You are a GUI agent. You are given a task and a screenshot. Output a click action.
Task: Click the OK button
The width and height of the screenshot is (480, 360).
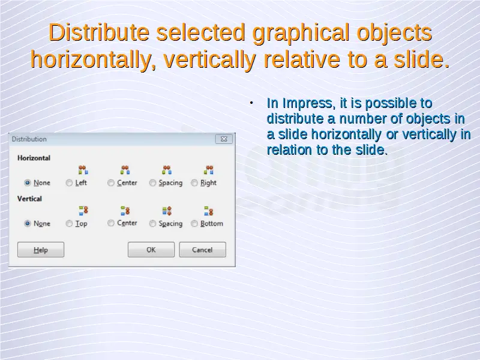tap(151, 250)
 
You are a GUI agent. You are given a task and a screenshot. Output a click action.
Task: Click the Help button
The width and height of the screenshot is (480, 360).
tap(41, 250)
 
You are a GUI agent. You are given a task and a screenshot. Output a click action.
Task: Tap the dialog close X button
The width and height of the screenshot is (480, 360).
tap(224, 139)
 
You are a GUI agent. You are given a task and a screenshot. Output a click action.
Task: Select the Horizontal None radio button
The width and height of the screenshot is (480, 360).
tap(28, 183)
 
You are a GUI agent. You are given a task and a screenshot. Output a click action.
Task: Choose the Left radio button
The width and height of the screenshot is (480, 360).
tap(69, 183)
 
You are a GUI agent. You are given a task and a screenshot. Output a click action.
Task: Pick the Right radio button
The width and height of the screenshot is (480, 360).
tap(194, 183)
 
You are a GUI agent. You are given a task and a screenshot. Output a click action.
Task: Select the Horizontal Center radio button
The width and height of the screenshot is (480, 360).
tap(111, 183)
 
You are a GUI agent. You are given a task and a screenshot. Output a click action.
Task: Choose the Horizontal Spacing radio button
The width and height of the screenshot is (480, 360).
tap(152, 183)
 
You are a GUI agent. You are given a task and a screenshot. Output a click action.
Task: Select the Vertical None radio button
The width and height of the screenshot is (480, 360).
tap(28, 223)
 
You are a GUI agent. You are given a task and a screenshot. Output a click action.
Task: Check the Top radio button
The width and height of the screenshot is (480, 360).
tap(69, 223)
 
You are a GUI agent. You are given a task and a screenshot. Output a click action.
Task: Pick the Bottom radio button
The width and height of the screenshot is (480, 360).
tap(194, 223)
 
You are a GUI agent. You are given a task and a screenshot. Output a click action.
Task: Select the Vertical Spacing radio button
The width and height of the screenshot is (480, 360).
tap(152, 223)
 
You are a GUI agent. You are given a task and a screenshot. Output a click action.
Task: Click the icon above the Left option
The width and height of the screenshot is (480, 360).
tap(83, 170)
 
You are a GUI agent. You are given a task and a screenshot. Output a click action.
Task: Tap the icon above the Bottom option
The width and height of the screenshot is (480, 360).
tap(209, 211)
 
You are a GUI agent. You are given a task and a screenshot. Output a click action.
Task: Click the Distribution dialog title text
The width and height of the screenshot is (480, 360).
tap(29, 139)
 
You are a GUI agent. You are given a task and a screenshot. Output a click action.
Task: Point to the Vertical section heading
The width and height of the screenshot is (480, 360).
tap(29, 199)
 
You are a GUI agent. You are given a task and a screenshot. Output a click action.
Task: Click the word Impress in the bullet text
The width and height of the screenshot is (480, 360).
tap(307, 104)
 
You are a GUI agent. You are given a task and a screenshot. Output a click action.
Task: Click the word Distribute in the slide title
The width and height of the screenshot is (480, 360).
tap(99, 32)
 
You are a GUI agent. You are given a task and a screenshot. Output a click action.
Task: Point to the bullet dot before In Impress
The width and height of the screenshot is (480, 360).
tap(251, 103)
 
